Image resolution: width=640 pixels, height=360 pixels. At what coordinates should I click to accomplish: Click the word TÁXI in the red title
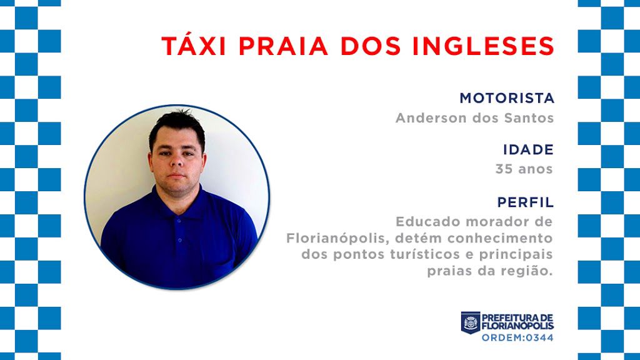tap(194, 45)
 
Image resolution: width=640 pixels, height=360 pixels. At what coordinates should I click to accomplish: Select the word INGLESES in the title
tap(483, 46)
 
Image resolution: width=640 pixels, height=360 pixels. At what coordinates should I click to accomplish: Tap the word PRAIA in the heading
tap(283, 46)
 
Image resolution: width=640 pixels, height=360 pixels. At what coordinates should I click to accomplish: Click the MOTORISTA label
tap(507, 98)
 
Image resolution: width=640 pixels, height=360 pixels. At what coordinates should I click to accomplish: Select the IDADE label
tap(529, 149)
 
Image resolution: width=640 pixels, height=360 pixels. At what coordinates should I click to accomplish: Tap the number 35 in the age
tap(503, 169)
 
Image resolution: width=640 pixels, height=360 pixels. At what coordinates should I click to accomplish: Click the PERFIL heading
tap(526, 202)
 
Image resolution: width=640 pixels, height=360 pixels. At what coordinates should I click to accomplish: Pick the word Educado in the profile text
tap(428, 222)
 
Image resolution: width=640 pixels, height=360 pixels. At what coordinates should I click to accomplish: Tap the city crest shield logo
tap(471, 322)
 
